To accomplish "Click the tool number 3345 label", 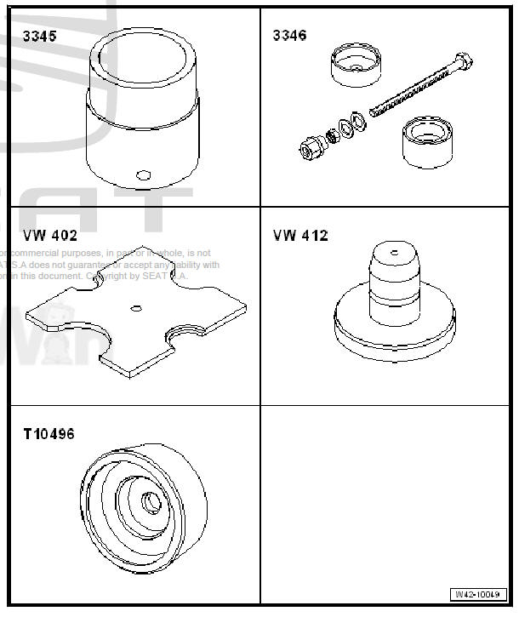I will pyautogui.click(x=39, y=37).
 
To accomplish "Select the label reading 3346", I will pyautogui.click(x=289, y=36).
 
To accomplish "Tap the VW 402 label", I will pyautogui.click(x=50, y=235).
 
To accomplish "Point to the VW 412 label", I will pyautogui.click(x=300, y=235).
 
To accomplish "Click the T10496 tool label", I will pyautogui.click(x=48, y=434).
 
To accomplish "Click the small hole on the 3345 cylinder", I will pyautogui.click(x=142, y=174).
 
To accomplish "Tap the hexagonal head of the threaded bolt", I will pyautogui.click(x=464, y=61).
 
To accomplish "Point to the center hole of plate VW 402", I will pyautogui.click(x=134, y=307).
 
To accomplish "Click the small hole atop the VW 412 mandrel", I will pyautogui.click(x=393, y=252).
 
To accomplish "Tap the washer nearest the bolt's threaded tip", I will pyautogui.click(x=358, y=122).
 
